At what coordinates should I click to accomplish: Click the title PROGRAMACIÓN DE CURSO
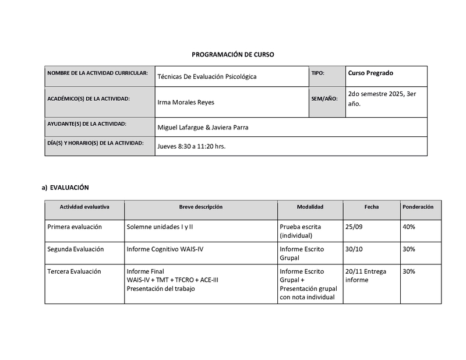(233, 54)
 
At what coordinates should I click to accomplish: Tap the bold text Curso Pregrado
(370, 73)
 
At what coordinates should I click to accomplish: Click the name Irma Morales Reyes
(186, 103)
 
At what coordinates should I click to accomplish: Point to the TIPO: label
(317, 73)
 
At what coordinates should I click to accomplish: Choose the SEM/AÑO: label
(324, 99)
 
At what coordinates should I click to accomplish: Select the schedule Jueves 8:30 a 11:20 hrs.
(191, 146)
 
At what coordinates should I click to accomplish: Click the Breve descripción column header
(200, 207)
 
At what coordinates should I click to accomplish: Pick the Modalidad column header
(310, 207)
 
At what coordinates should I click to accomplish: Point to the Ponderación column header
(418, 207)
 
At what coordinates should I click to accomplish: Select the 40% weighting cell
(408, 227)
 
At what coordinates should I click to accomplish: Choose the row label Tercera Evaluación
(74, 271)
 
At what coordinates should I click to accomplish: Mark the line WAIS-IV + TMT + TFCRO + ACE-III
(172, 280)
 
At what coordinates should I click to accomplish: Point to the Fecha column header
(371, 207)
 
